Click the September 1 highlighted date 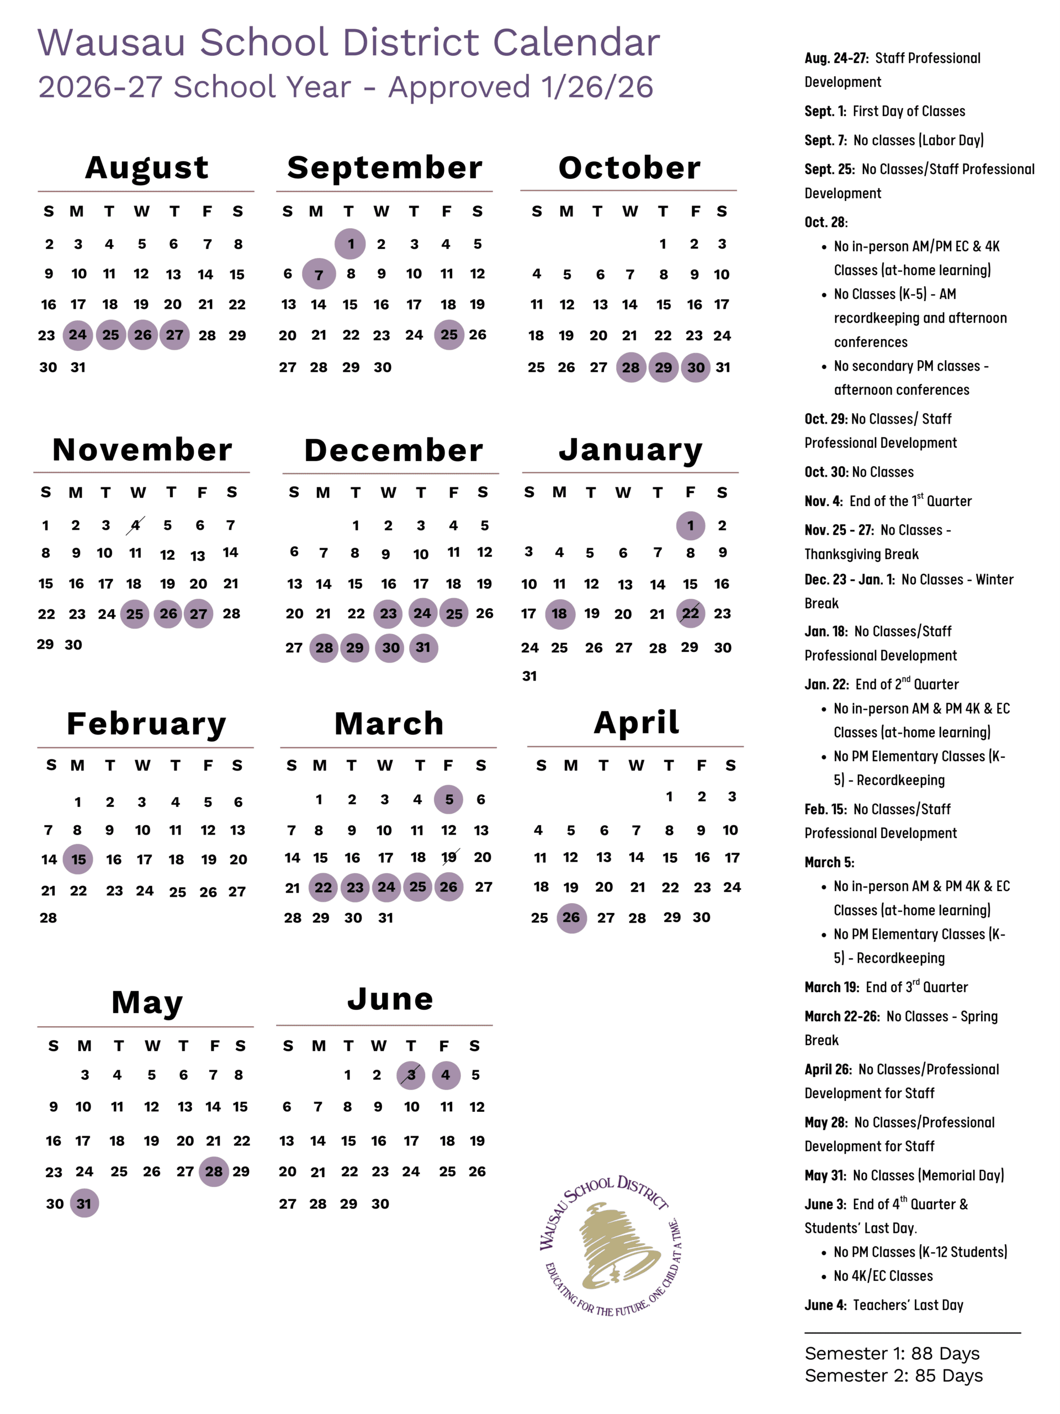[x=350, y=244]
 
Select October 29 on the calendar [x=663, y=367]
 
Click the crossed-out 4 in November [x=135, y=525]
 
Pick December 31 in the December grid [x=423, y=647]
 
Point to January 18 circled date [x=560, y=614]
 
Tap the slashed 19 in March [x=449, y=857]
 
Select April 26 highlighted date [x=571, y=918]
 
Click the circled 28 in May [x=214, y=1172]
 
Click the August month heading [x=147, y=167]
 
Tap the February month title [x=146, y=724]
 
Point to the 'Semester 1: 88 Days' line [x=892, y=1353]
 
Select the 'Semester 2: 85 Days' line [x=893, y=1376]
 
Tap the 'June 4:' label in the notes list [x=825, y=1305]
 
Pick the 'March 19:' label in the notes [x=832, y=988]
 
